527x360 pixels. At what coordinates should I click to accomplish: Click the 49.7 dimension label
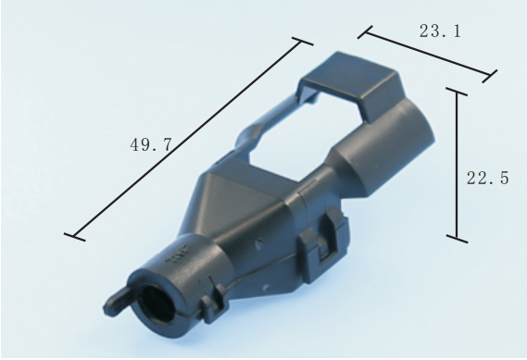point(151,144)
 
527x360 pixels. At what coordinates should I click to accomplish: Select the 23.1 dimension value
point(440,31)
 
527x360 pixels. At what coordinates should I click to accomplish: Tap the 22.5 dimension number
point(488,178)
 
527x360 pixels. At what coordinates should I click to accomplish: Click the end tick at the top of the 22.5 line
point(457,92)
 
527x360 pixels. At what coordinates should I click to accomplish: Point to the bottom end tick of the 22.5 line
point(457,239)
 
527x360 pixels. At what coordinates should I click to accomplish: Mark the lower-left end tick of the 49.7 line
point(75,237)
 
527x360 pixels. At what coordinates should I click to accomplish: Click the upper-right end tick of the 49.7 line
point(303,42)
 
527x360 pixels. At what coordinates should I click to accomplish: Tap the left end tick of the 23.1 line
point(365,31)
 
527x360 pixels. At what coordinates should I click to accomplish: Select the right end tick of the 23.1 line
point(490,76)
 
